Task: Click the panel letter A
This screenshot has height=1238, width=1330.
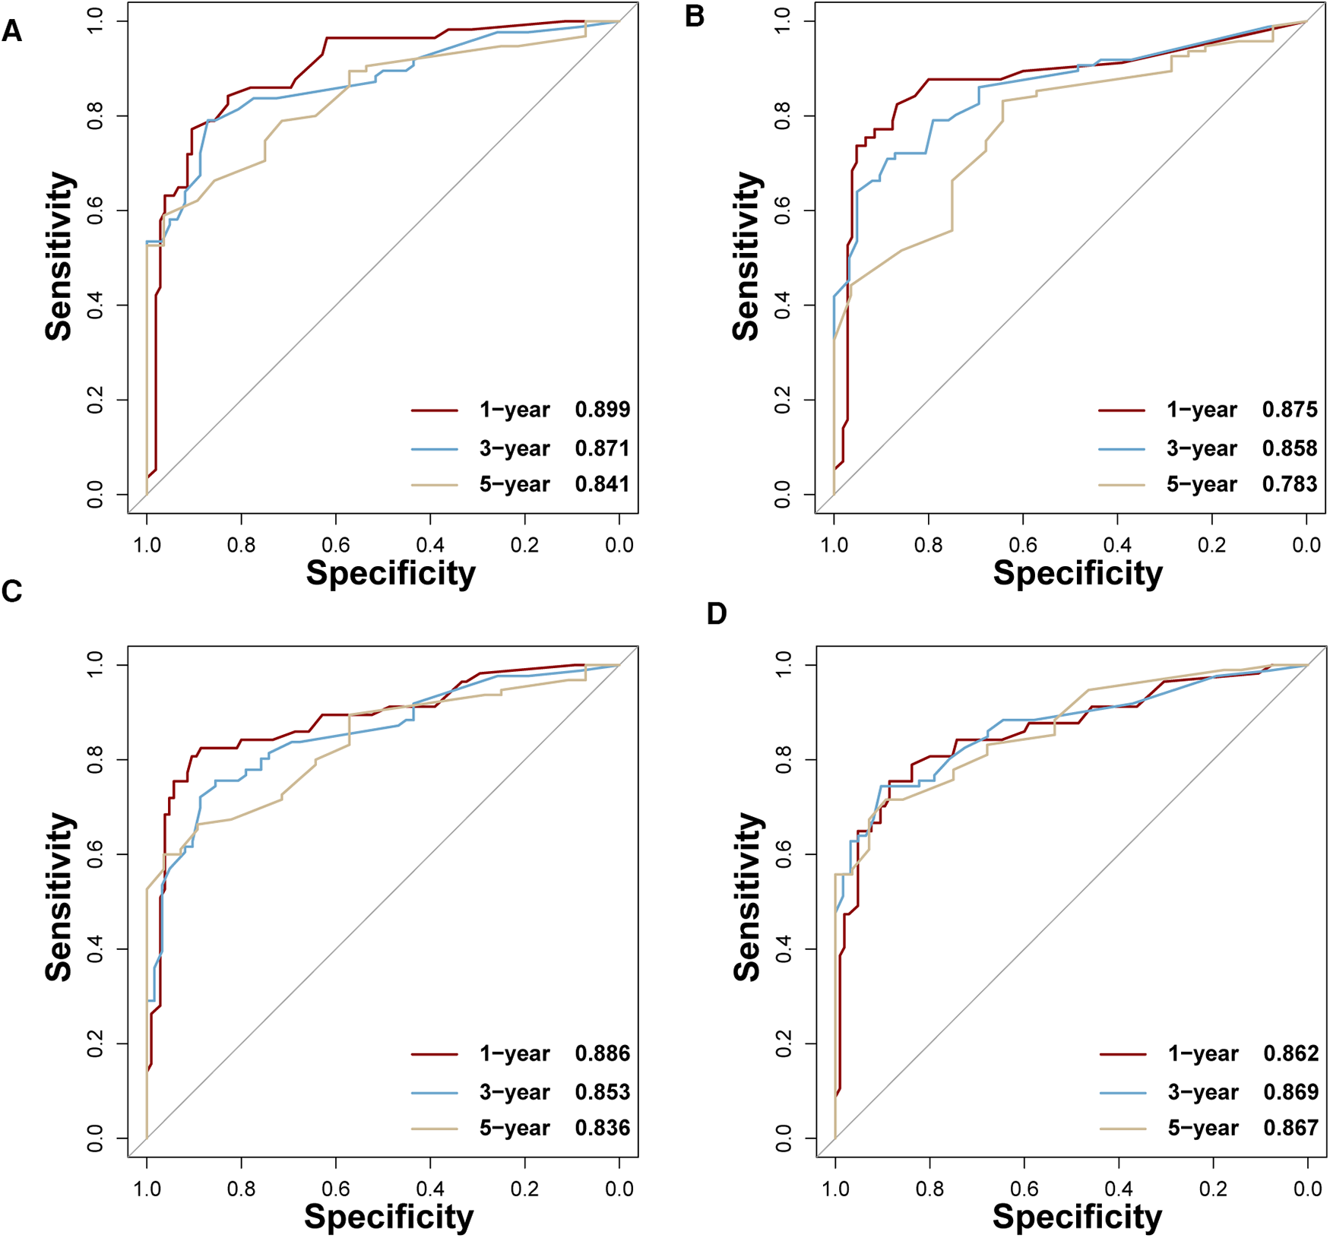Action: click(11, 32)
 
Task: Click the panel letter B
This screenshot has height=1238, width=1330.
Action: click(694, 17)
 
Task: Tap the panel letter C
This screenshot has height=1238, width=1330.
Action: click(11, 591)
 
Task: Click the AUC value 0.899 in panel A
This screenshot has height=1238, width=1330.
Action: click(602, 410)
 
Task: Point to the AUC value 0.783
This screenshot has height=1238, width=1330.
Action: click(1290, 484)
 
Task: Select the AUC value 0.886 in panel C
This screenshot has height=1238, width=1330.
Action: click(602, 1053)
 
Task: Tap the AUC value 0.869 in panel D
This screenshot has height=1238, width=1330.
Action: click(1290, 1092)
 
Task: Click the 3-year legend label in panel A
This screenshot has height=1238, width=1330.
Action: click(514, 448)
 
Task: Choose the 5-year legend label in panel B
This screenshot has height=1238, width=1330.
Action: click(1202, 484)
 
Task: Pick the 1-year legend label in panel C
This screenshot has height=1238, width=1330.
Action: click(514, 1053)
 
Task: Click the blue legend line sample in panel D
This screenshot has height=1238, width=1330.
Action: click(1123, 1092)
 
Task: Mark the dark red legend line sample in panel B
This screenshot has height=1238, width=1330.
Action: click(1121, 410)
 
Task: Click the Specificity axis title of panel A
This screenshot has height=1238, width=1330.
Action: click(391, 573)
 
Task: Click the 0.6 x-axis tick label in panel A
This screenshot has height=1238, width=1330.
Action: click(336, 545)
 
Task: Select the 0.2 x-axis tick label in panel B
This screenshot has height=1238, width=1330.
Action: click(1212, 545)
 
